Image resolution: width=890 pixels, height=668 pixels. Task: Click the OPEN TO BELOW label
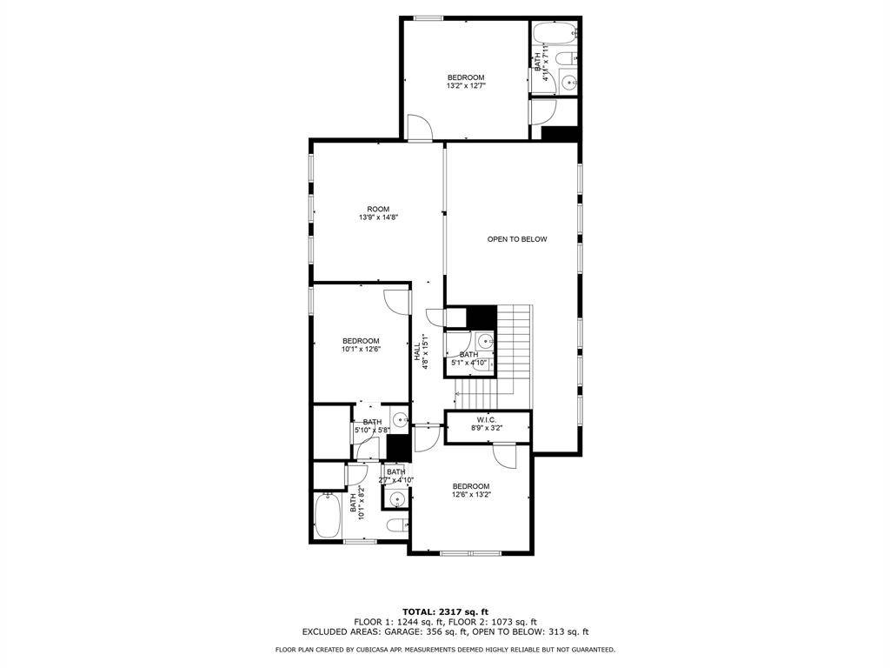click(x=517, y=239)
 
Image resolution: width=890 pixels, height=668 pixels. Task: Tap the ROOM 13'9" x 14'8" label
click(x=378, y=213)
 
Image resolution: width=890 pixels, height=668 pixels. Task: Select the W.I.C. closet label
click(x=487, y=424)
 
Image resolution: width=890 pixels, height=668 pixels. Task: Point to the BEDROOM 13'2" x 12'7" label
click(x=466, y=82)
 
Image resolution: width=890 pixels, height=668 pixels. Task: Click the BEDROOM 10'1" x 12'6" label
click(x=360, y=344)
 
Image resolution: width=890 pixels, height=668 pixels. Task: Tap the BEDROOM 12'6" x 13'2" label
click(x=470, y=491)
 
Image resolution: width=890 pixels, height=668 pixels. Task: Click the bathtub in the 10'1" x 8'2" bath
click(x=329, y=517)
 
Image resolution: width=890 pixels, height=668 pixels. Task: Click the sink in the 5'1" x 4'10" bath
click(x=484, y=342)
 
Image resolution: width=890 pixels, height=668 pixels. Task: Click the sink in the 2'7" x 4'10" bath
click(x=397, y=500)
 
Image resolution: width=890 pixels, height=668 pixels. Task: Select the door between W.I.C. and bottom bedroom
click(x=504, y=455)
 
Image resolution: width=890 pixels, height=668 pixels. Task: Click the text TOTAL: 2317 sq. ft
click(x=445, y=611)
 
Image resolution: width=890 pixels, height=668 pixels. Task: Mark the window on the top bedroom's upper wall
click(x=427, y=18)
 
